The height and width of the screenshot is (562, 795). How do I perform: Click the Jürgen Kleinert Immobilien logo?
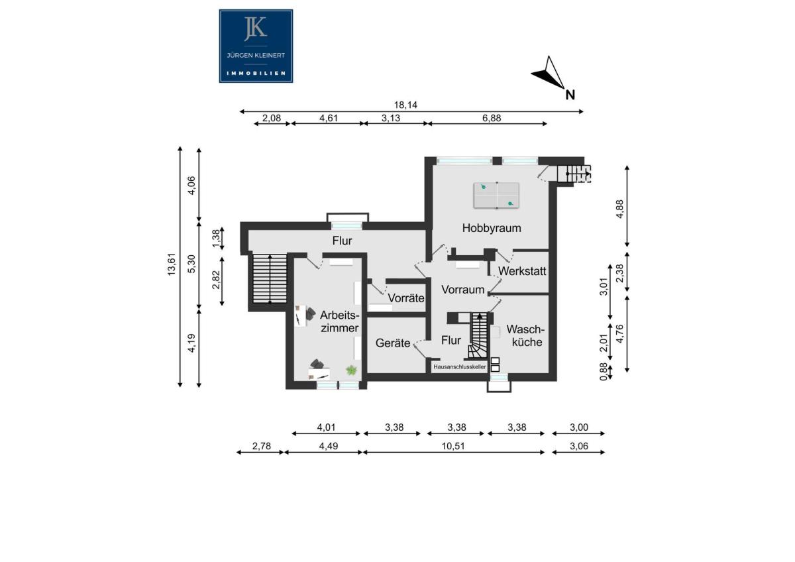[256, 46]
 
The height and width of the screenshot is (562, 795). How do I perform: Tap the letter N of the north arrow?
[570, 95]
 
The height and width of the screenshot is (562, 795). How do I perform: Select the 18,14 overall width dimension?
[405, 105]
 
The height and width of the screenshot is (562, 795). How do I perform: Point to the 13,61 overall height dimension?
[172, 264]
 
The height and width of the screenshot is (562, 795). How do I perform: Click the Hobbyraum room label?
[492, 228]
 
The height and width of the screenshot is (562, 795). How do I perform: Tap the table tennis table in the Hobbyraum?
[496, 196]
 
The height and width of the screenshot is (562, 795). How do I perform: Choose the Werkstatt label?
[522, 271]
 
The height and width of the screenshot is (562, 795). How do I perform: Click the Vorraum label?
[463, 290]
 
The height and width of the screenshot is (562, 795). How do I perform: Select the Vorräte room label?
[405, 298]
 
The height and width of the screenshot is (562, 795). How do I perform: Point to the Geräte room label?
[393, 343]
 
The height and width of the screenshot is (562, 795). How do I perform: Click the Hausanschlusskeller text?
[460, 367]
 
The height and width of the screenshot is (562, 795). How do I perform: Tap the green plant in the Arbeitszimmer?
[351, 370]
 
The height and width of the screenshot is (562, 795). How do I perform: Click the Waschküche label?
[525, 335]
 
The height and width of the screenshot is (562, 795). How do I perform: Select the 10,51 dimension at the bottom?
[453, 446]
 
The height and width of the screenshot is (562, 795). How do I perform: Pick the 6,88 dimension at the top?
[492, 118]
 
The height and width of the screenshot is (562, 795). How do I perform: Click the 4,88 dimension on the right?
[619, 209]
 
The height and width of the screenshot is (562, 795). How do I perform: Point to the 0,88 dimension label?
[604, 372]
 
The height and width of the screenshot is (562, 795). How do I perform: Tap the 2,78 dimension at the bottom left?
[262, 446]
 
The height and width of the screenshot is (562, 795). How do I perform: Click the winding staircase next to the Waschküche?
[479, 335]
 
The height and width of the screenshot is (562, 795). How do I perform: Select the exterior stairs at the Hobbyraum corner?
[574, 174]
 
